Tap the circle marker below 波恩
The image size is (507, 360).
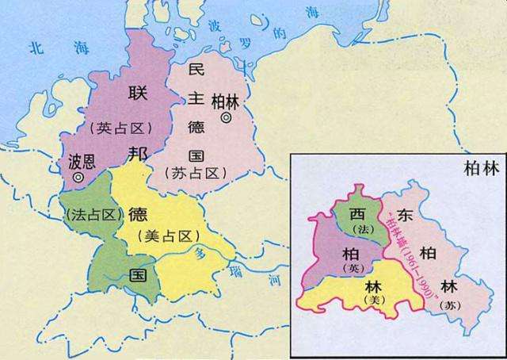pyautogui.click(x=78, y=178)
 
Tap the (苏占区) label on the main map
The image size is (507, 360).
pyautogui.click(x=196, y=172)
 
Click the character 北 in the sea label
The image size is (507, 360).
pyautogui.click(x=34, y=48)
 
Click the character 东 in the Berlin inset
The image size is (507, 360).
pyautogui.click(x=404, y=215)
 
